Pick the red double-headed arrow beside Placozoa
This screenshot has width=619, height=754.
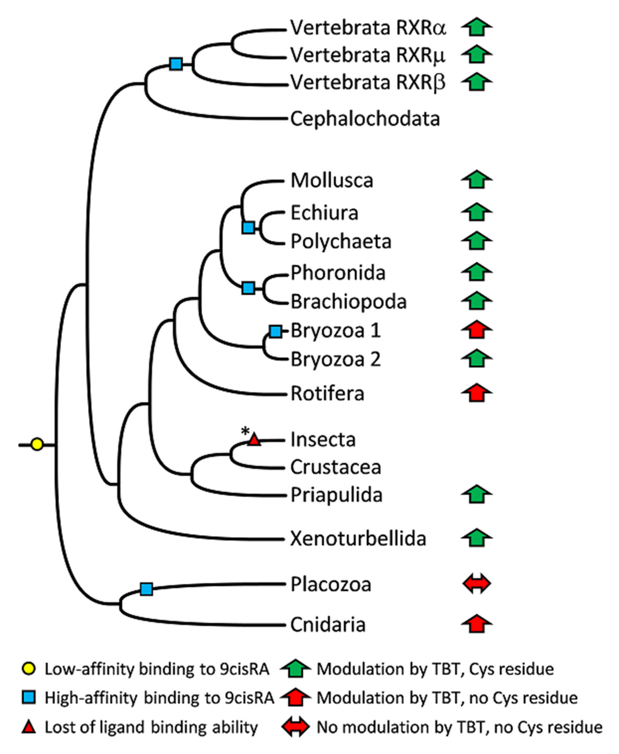[x=476, y=584]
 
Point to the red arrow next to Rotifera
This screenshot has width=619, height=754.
[x=477, y=393]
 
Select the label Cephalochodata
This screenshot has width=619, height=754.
[x=365, y=119]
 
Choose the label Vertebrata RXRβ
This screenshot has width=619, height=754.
[x=367, y=83]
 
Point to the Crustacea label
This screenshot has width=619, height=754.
[x=336, y=467]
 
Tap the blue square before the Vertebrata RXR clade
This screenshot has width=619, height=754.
[x=176, y=64]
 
